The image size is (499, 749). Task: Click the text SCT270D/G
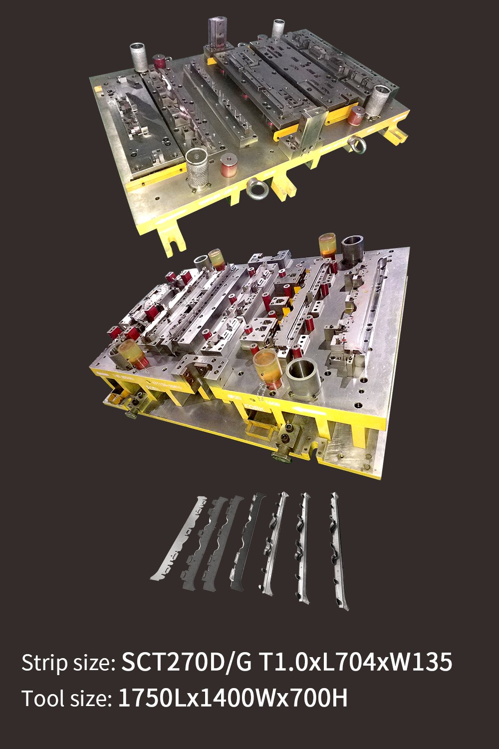click(187, 662)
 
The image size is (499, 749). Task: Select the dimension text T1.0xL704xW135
click(356, 662)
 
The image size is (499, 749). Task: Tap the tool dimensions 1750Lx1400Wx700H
click(233, 698)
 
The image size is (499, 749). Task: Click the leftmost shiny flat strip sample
click(178, 538)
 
